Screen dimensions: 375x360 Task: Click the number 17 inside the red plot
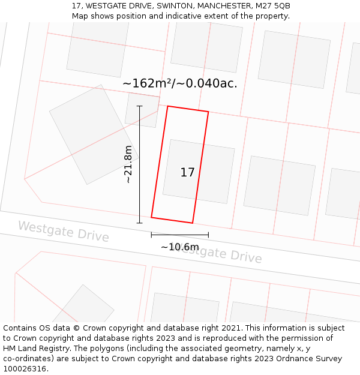coord(187,173)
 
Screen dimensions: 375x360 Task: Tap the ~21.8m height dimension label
coord(128,164)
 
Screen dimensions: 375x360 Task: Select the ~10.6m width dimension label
coord(179,247)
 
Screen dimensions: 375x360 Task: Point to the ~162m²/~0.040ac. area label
coord(179,83)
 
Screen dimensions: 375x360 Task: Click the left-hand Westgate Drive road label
coord(63,232)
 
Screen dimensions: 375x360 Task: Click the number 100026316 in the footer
coord(25,368)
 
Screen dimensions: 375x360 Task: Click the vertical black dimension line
coord(139,180)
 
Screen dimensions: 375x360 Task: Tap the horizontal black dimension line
coord(179,235)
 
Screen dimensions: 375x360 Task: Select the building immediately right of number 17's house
coord(279,185)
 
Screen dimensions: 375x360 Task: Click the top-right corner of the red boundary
coord(208,112)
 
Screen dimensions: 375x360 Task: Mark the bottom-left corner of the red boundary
coord(151,217)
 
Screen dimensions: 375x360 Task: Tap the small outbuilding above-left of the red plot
coord(142,110)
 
